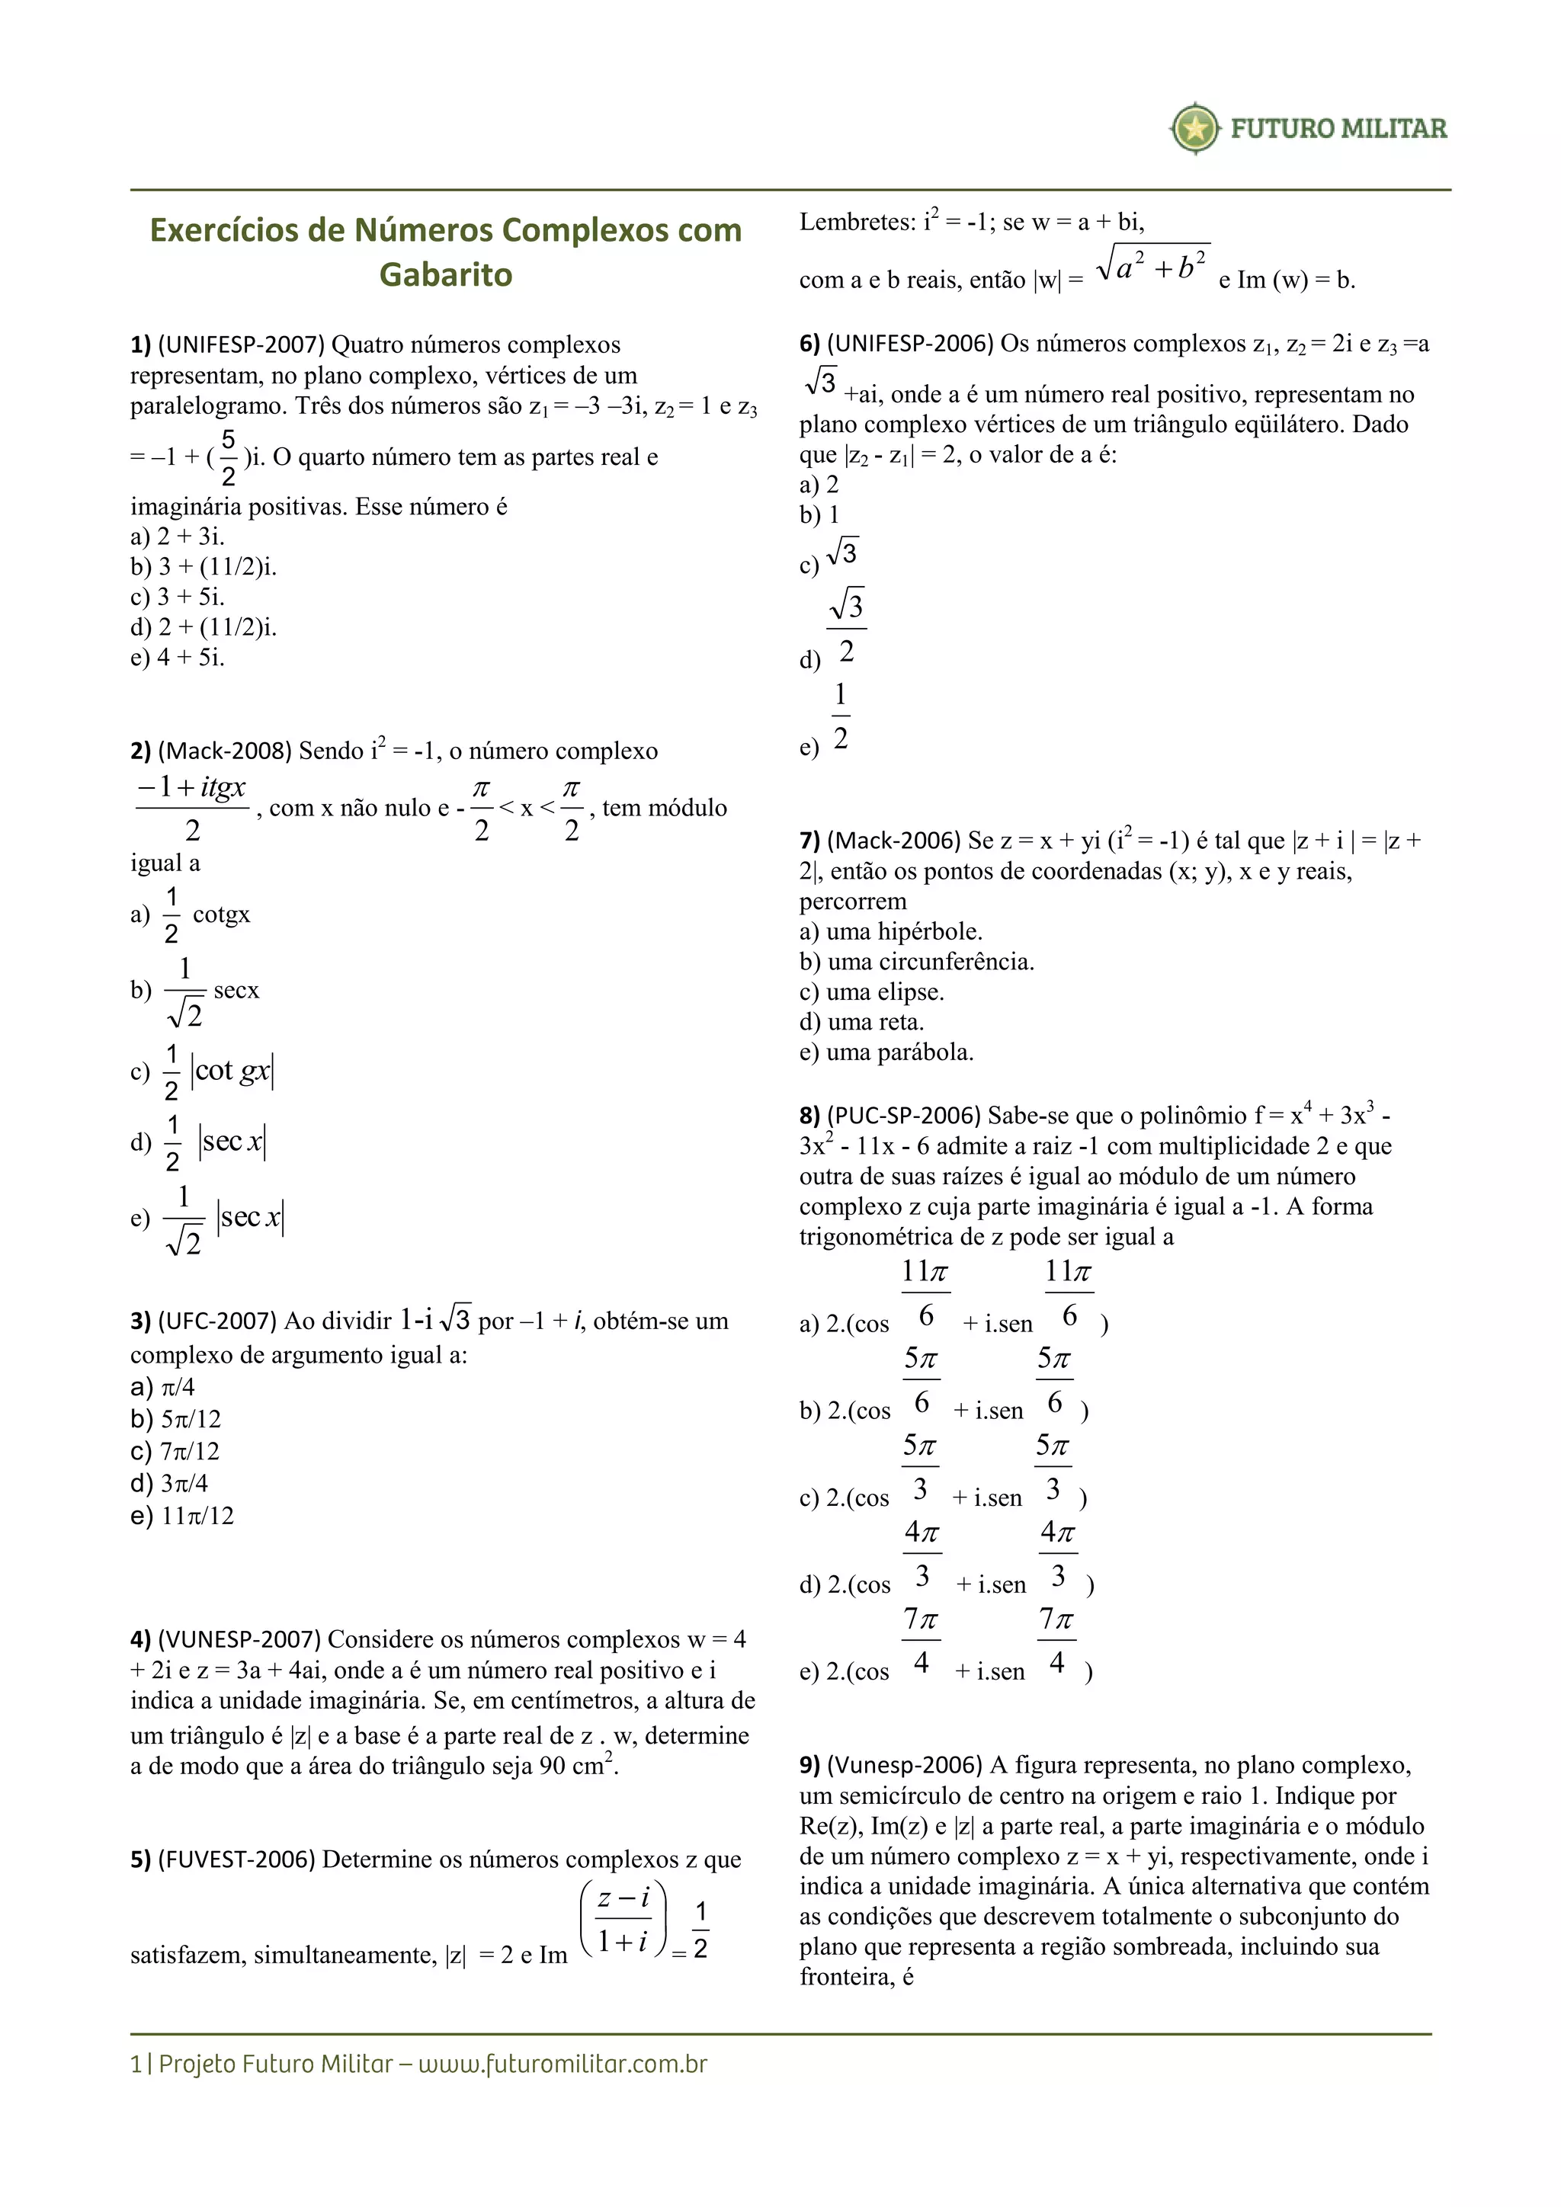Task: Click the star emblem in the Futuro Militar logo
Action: pyautogui.click(x=1195, y=128)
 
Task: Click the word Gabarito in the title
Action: pyautogui.click(x=446, y=275)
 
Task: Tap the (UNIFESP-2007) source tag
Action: pyautogui.click(x=242, y=344)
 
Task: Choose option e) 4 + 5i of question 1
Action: pyautogui.click(x=178, y=658)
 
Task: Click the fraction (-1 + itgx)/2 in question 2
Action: pyautogui.click(x=192, y=808)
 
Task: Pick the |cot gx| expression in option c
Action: pyautogui.click(x=232, y=1071)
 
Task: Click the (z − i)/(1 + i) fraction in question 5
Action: pyautogui.click(x=623, y=1920)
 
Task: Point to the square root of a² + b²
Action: pyautogui.click(x=1152, y=264)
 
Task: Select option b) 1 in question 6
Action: pyautogui.click(x=820, y=514)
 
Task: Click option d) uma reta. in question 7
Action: pyautogui.click(x=861, y=1022)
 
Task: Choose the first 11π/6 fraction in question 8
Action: pyautogui.click(x=925, y=1292)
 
